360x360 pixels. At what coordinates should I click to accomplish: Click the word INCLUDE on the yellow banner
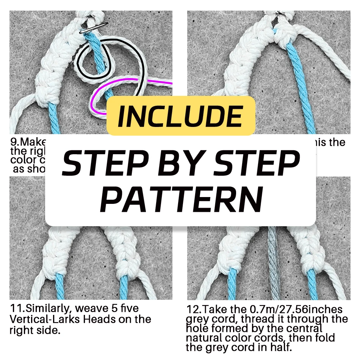coord(180,116)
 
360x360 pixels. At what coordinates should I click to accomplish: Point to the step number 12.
coord(193,309)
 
